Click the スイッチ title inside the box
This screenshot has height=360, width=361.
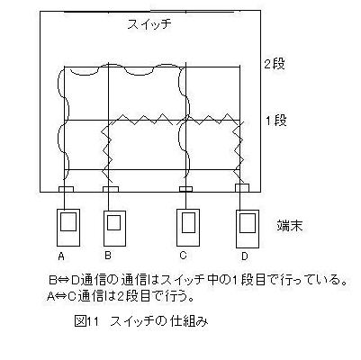coord(149,24)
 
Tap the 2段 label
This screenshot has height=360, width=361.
coord(274,64)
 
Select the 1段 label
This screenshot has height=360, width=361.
coord(276,121)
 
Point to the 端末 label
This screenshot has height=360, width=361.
coord(290,226)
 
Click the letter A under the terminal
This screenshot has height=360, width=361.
coord(61,256)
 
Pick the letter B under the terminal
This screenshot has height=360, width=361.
coord(108,256)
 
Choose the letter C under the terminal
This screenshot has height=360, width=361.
coord(183,256)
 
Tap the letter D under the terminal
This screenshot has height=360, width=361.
coord(245,256)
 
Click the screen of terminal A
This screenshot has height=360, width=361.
coord(68,221)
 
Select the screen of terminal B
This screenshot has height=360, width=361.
coord(114,222)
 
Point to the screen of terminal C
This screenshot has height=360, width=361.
coord(188,222)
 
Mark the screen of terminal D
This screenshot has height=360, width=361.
coord(248,223)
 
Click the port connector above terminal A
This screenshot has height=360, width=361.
coord(66,189)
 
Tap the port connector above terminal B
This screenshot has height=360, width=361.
coord(111,189)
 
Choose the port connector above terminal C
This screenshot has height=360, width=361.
coord(185,189)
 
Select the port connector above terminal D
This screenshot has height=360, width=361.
coord(242,188)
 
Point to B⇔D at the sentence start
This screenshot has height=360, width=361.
coord(64,281)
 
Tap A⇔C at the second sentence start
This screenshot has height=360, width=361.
coord(62,297)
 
